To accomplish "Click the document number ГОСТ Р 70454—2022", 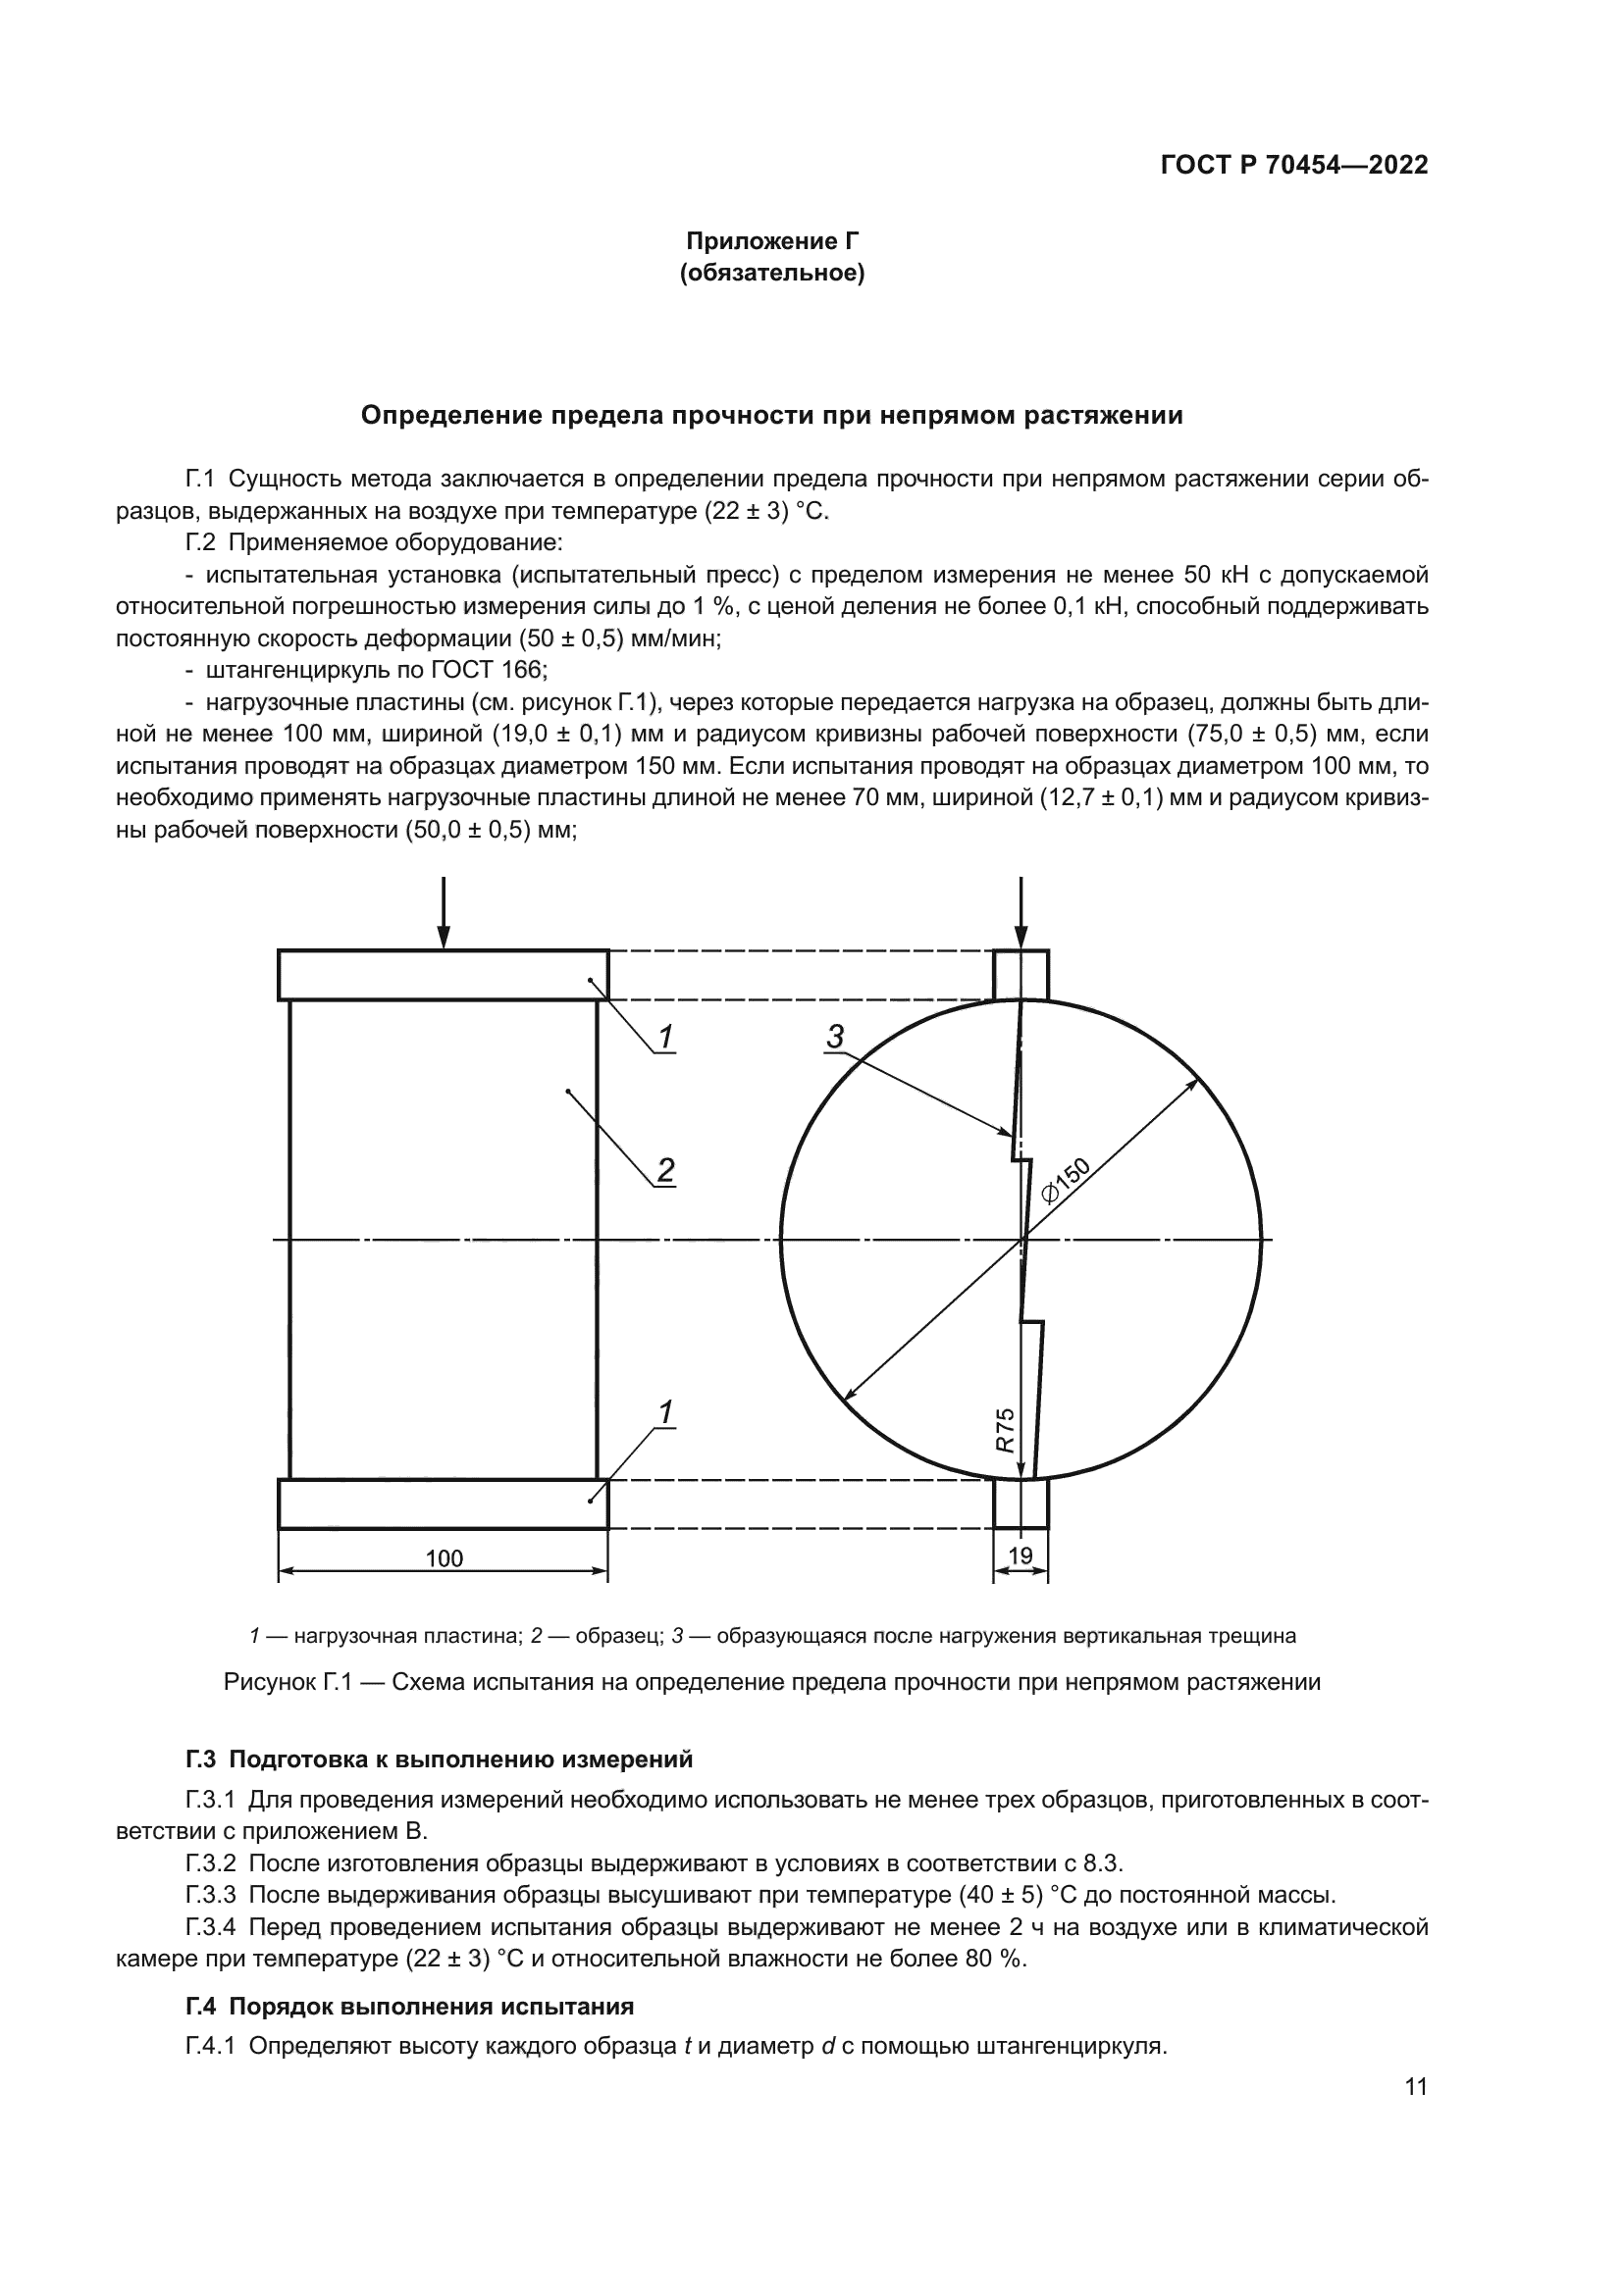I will (x=1294, y=166).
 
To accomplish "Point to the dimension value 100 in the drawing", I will (x=444, y=1557).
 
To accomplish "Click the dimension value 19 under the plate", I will (x=1021, y=1555).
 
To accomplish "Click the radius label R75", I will (x=1006, y=1430).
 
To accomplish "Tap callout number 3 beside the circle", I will (x=835, y=1036).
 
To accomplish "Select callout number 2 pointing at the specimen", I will (x=665, y=1169).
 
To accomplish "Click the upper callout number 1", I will (x=665, y=1037).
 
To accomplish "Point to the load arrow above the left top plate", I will (x=443, y=912).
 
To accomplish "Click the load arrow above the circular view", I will (x=1021, y=912).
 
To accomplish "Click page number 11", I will (x=1415, y=2087).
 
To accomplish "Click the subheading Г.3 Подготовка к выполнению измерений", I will (x=439, y=1759).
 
